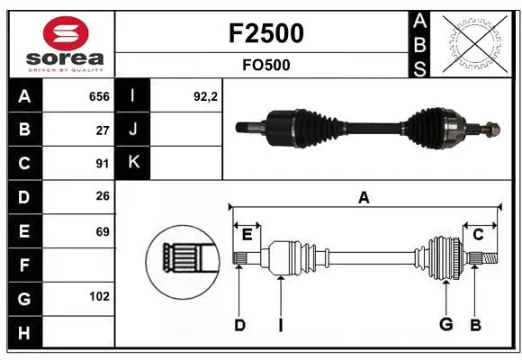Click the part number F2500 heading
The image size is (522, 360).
pos(266,33)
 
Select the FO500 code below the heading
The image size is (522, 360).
pos(266,65)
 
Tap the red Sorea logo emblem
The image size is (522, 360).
pos(66,33)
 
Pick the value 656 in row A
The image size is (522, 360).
pos(99,96)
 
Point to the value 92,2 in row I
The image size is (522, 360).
pos(205,96)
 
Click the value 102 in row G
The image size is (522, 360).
pos(99,296)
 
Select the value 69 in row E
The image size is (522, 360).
pos(103,231)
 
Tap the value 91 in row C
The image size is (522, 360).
pos(103,164)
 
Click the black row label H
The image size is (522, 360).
pos(25,332)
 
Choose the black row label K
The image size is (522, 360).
pos(133,162)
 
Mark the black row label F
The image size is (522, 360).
pos(25,265)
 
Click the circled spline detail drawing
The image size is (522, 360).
pos(183,262)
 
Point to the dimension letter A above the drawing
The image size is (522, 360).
pos(364,197)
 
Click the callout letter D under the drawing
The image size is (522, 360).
pos(239,325)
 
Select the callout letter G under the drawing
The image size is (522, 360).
pos(446,324)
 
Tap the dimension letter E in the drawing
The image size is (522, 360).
pos(247,235)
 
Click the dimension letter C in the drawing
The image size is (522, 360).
pos(478,235)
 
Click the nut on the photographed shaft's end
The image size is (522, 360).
pos(493,130)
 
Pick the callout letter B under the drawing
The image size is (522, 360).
pos(475,325)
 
